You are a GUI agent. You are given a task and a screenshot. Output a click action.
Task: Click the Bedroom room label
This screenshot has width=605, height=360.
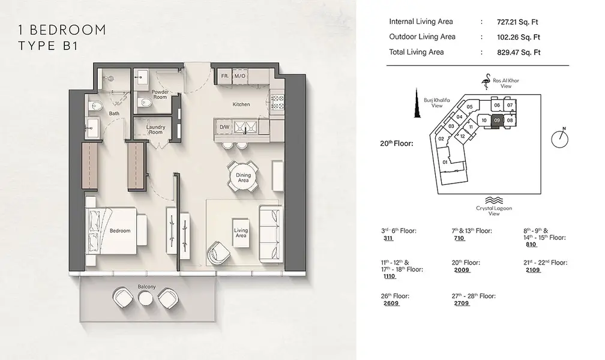click(x=120, y=231)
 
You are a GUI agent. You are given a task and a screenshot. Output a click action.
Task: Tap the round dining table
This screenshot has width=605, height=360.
click(x=243, y=178)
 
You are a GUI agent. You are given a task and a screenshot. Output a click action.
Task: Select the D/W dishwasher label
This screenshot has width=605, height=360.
click(x=224, y=127)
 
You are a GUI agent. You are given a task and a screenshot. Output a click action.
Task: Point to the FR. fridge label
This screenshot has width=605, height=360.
click(x=225, y=76)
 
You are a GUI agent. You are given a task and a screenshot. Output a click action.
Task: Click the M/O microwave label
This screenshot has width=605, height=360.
click(x=239, y=76)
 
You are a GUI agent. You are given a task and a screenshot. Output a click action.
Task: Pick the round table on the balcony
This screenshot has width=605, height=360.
click(x=146, y=298)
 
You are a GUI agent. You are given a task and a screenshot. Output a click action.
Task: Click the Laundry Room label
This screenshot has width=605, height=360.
click(x=155, y=129)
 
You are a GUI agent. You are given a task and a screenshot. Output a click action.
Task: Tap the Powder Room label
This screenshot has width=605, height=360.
click(x=160, y=95)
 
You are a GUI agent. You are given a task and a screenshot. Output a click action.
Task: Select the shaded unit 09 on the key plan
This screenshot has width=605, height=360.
click(x=497, y=121)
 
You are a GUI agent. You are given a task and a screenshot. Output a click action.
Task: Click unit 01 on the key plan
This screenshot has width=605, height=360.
click(x=445, y=162)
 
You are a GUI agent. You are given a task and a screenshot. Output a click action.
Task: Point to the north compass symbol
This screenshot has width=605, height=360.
click(x=560, y=139)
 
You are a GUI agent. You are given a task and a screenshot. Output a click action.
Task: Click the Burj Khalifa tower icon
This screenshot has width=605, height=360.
click(x=417, y=103)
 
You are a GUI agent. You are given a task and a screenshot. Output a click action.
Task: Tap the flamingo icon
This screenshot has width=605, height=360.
click(x=486, y=82)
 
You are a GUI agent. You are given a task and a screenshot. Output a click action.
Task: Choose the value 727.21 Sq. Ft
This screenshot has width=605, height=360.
click(x=517, y=22)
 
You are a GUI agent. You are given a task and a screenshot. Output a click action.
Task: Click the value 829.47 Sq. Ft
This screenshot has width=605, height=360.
click(x=519, y=52)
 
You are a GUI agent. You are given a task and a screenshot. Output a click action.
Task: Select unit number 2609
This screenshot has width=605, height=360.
click(x=391, y=303)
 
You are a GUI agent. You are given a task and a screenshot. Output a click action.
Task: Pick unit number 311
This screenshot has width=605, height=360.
click(x=388, y=238)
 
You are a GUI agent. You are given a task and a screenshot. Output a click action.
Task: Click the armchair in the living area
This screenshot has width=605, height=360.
click(x=218, y=253)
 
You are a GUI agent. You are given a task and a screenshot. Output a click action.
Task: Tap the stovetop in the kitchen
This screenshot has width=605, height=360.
click(x=278, y=102)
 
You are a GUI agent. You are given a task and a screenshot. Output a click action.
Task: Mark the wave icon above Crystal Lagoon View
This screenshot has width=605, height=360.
click(x=493, y=200)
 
